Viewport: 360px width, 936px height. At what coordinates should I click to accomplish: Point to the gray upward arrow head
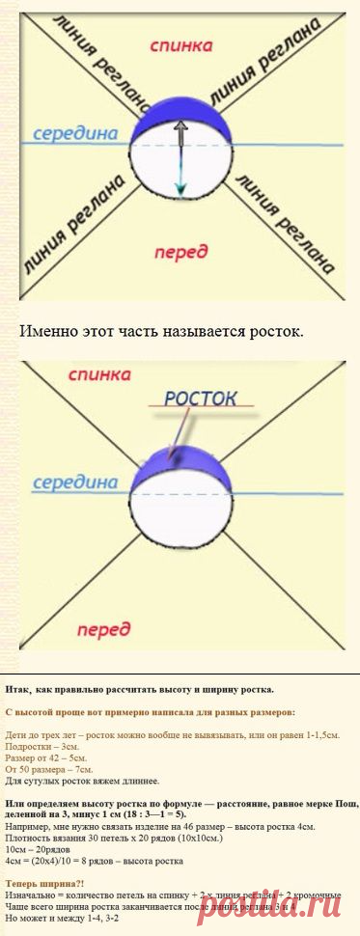tap(180, 124)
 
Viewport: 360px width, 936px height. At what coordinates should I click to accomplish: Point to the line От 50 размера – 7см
tap(49, 769)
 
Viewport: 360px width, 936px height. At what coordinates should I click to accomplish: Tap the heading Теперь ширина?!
tap(44, 883)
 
